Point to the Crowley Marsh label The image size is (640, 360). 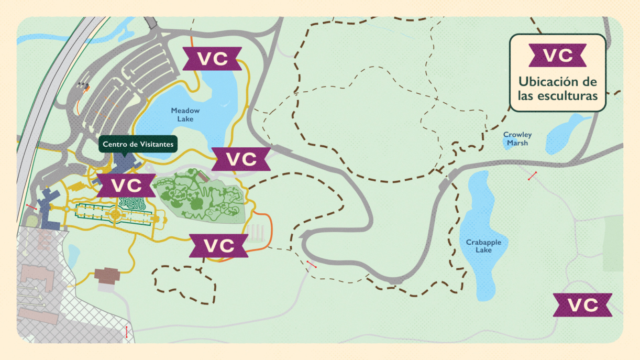517,139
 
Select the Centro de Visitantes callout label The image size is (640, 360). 138,144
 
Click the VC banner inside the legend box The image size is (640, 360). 557,56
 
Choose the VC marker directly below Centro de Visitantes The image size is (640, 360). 127,185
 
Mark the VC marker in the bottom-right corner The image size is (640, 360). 582,305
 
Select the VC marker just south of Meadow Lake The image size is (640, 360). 241,159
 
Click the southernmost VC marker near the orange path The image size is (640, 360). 218,245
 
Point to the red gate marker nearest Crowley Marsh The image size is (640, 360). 533,176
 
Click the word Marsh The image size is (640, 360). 517,143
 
